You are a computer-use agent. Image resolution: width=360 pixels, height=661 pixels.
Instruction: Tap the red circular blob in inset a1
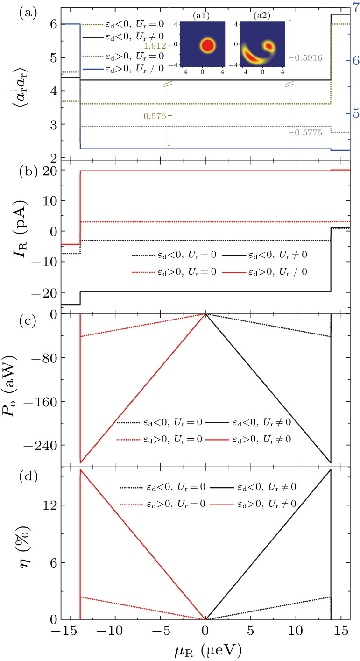(x=207, y=46)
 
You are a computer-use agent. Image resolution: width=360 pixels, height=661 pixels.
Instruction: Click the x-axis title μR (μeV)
(x=206, y=648)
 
